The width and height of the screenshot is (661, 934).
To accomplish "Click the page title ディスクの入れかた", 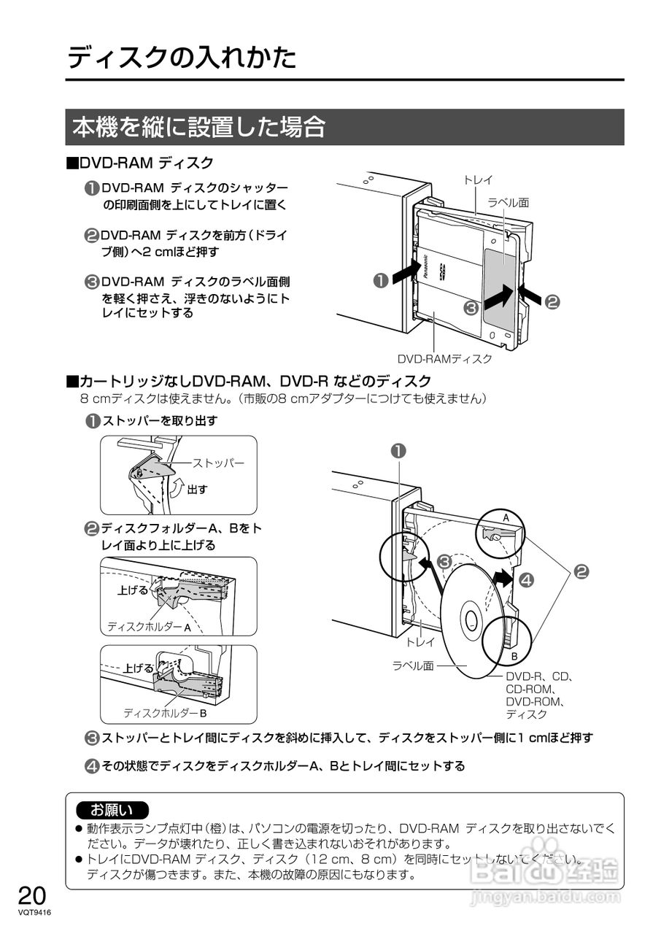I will [182, 58].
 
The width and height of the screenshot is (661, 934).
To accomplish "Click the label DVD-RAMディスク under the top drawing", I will [444, 359].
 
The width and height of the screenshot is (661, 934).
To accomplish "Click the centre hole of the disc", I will [471, 622].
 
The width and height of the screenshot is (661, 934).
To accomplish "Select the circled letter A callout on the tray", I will [505, 517].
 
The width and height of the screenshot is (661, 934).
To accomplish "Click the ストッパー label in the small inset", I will [218, 463].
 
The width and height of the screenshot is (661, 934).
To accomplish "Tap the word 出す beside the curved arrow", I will [197, 489].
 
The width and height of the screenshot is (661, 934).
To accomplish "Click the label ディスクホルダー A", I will [149, 627].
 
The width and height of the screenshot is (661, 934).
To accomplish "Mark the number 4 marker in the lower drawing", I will [526, 581].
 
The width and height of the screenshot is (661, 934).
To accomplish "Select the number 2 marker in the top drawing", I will [552, 301].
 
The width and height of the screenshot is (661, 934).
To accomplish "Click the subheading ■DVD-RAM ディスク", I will [140, 162].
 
